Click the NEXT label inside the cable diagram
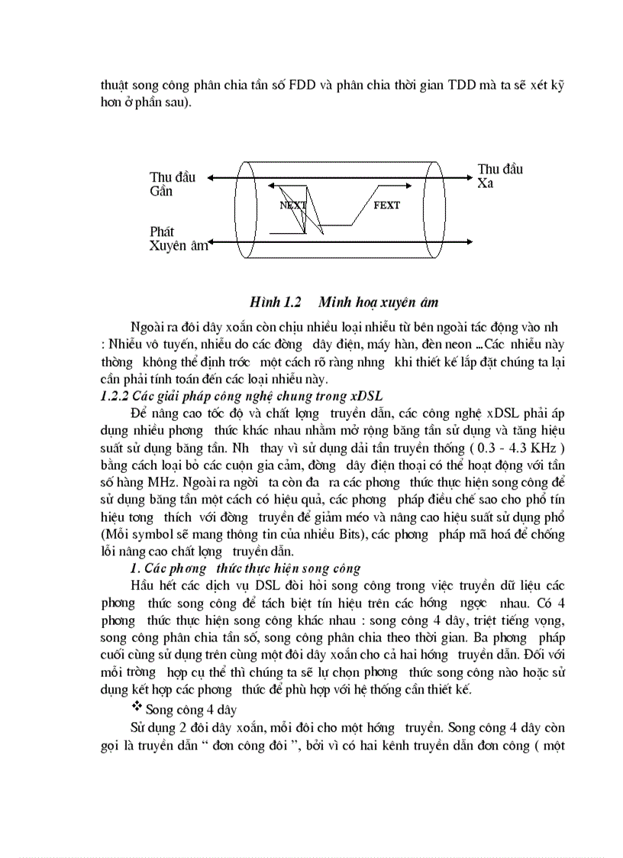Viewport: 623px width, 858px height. (292, 206)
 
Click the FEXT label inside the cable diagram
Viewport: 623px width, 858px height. (386, 206)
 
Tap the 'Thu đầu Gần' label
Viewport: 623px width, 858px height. (173, 184)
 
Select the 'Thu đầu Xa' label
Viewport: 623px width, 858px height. (500, 176)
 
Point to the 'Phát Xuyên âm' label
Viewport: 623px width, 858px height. (177, 238)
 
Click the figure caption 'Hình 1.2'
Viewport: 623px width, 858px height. (276, 300)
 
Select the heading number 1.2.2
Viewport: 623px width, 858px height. (115, 395)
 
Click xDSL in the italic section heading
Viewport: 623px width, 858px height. (366, 395)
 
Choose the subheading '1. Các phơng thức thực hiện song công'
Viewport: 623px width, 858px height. (244, 568)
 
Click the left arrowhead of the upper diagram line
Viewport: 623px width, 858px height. (211, 177)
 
